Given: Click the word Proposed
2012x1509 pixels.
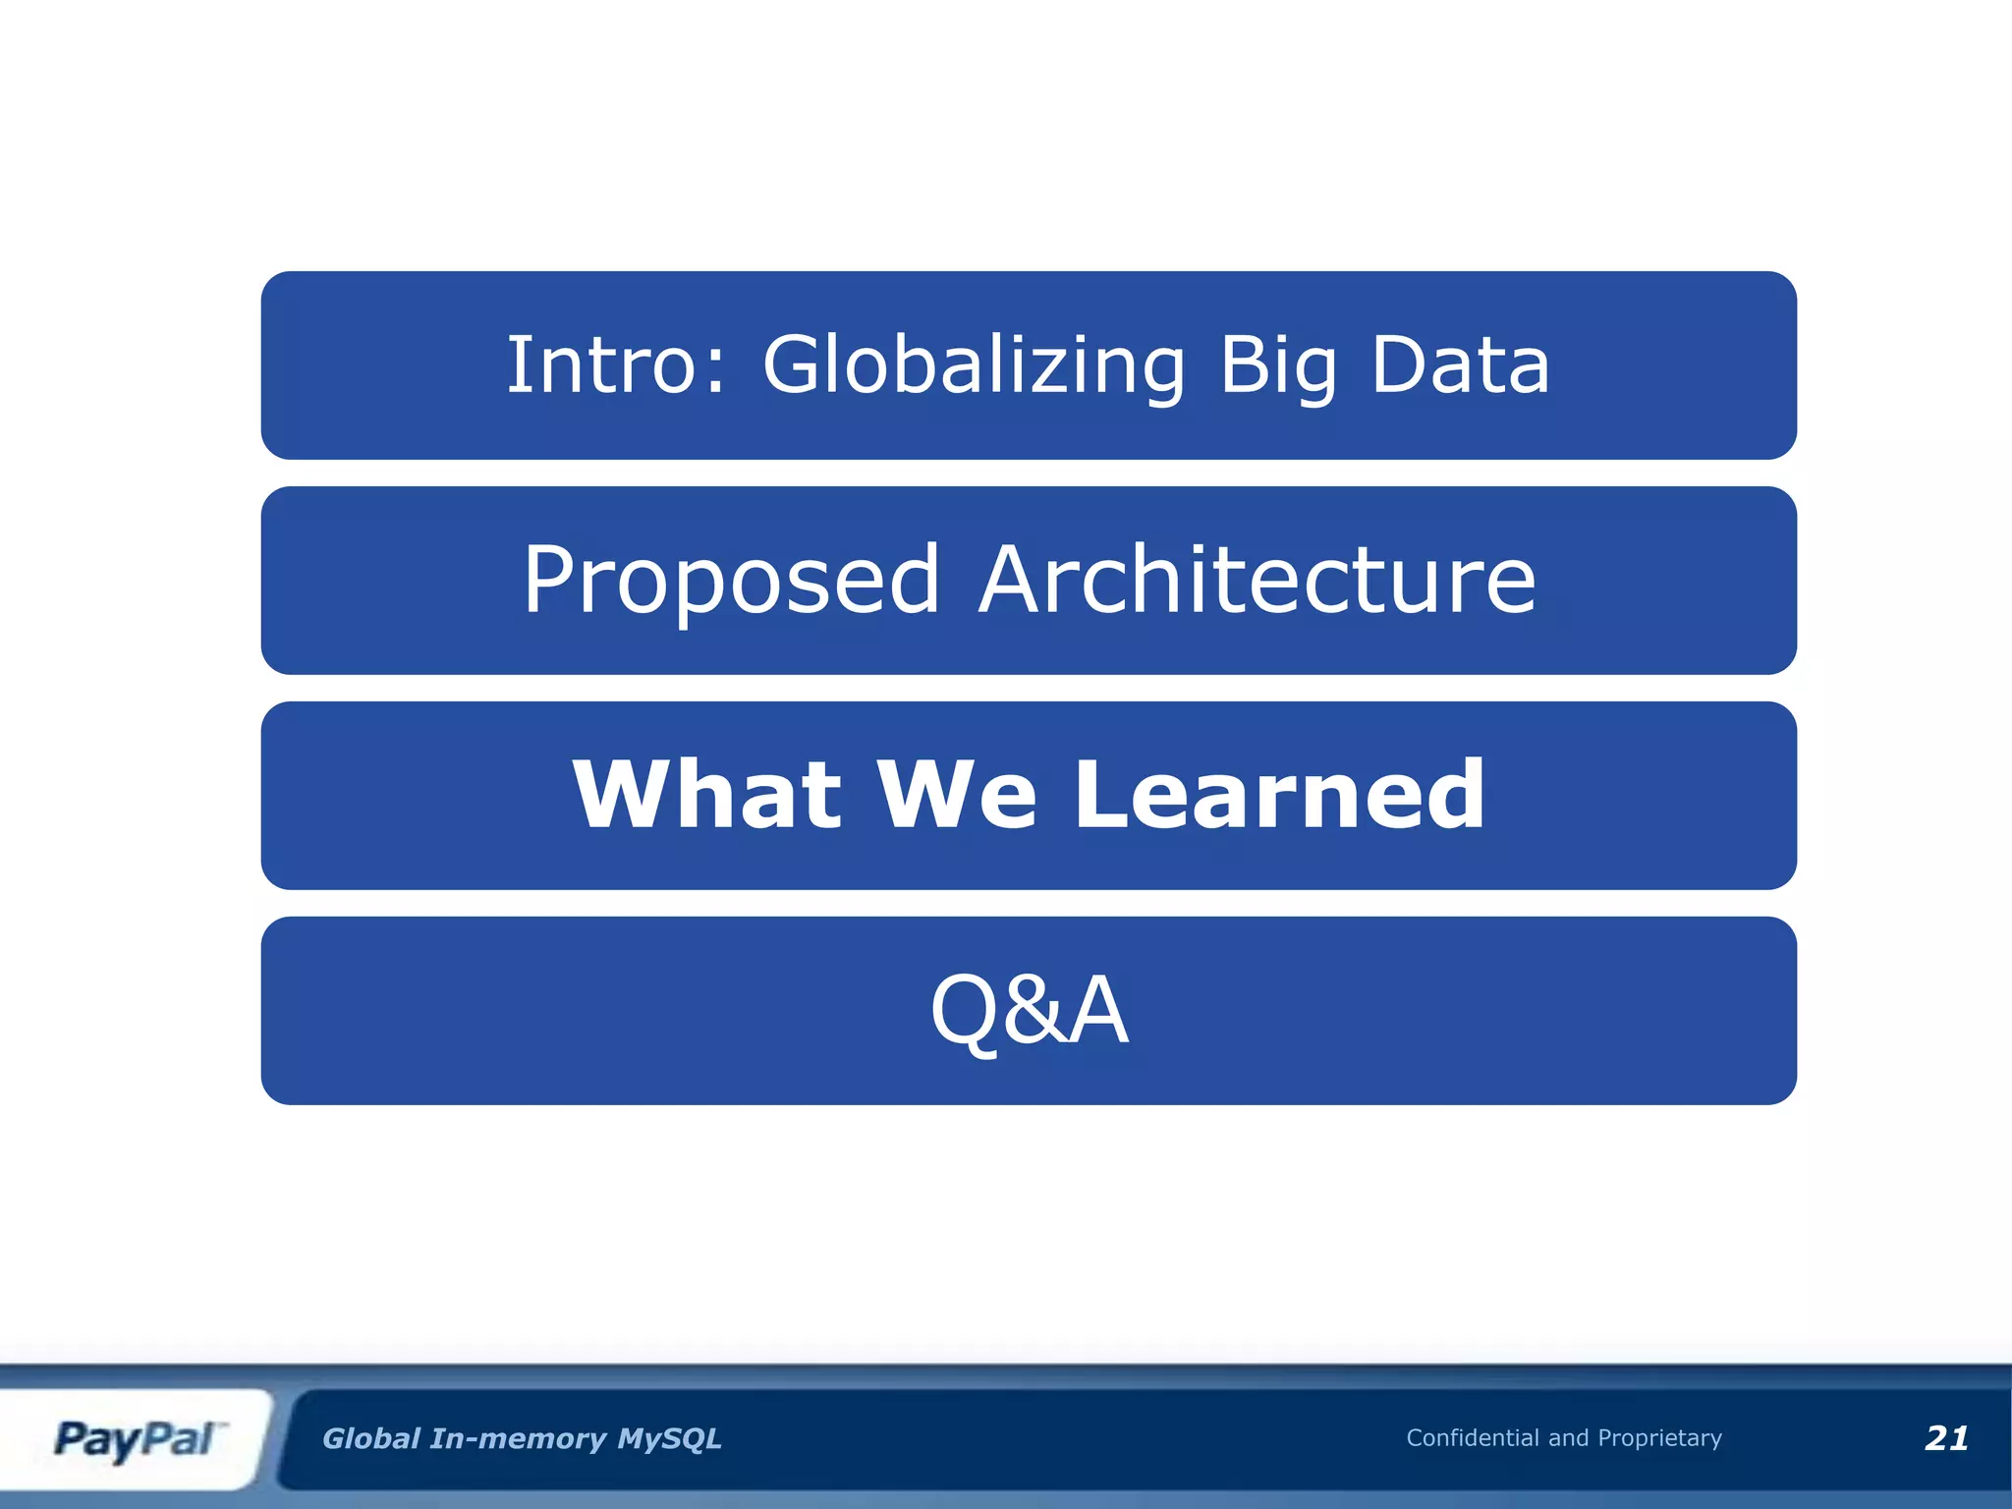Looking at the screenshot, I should pos(731,582).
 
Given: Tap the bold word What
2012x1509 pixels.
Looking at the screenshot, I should pos(706,795).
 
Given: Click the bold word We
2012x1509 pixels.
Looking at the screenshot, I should pos(956,795).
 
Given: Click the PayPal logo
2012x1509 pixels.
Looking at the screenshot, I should pos(136,1439).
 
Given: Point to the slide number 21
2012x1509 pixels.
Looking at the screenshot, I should pos(1946,1438).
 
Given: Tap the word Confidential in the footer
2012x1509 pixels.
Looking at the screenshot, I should pos(1472,1438).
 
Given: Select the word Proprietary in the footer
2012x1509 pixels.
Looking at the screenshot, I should pos(1659,1438).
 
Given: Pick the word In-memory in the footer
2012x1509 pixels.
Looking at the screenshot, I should pos(519,1439).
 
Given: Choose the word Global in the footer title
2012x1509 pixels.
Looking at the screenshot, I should pos(371,1439).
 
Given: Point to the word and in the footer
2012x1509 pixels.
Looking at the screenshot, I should pos(1568,1438).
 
